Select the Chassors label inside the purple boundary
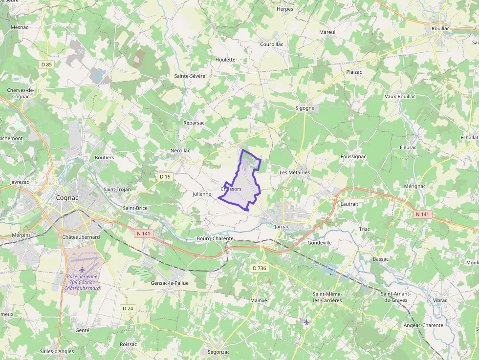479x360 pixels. coord(231,189)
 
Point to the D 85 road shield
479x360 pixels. coord(46,64)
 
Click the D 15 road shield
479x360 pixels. coord(165,177)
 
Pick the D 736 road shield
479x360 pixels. coord(260,268)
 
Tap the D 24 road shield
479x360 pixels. coord(128,308)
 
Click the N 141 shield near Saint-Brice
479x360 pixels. coord(144,233)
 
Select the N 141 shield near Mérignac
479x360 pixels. coord(422,214)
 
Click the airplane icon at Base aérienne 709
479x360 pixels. coord(82,270)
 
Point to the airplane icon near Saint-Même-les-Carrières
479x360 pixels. coord(306,321)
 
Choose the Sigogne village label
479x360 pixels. coord(305,108)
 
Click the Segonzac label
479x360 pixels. coord(218,352)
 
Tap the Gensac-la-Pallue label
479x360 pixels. coord(170,283)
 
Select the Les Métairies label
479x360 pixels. coord(295,172)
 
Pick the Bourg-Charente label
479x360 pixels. coord(215,238)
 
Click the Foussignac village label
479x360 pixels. coord(353,156)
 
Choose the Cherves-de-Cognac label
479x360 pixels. coord(21,93)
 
